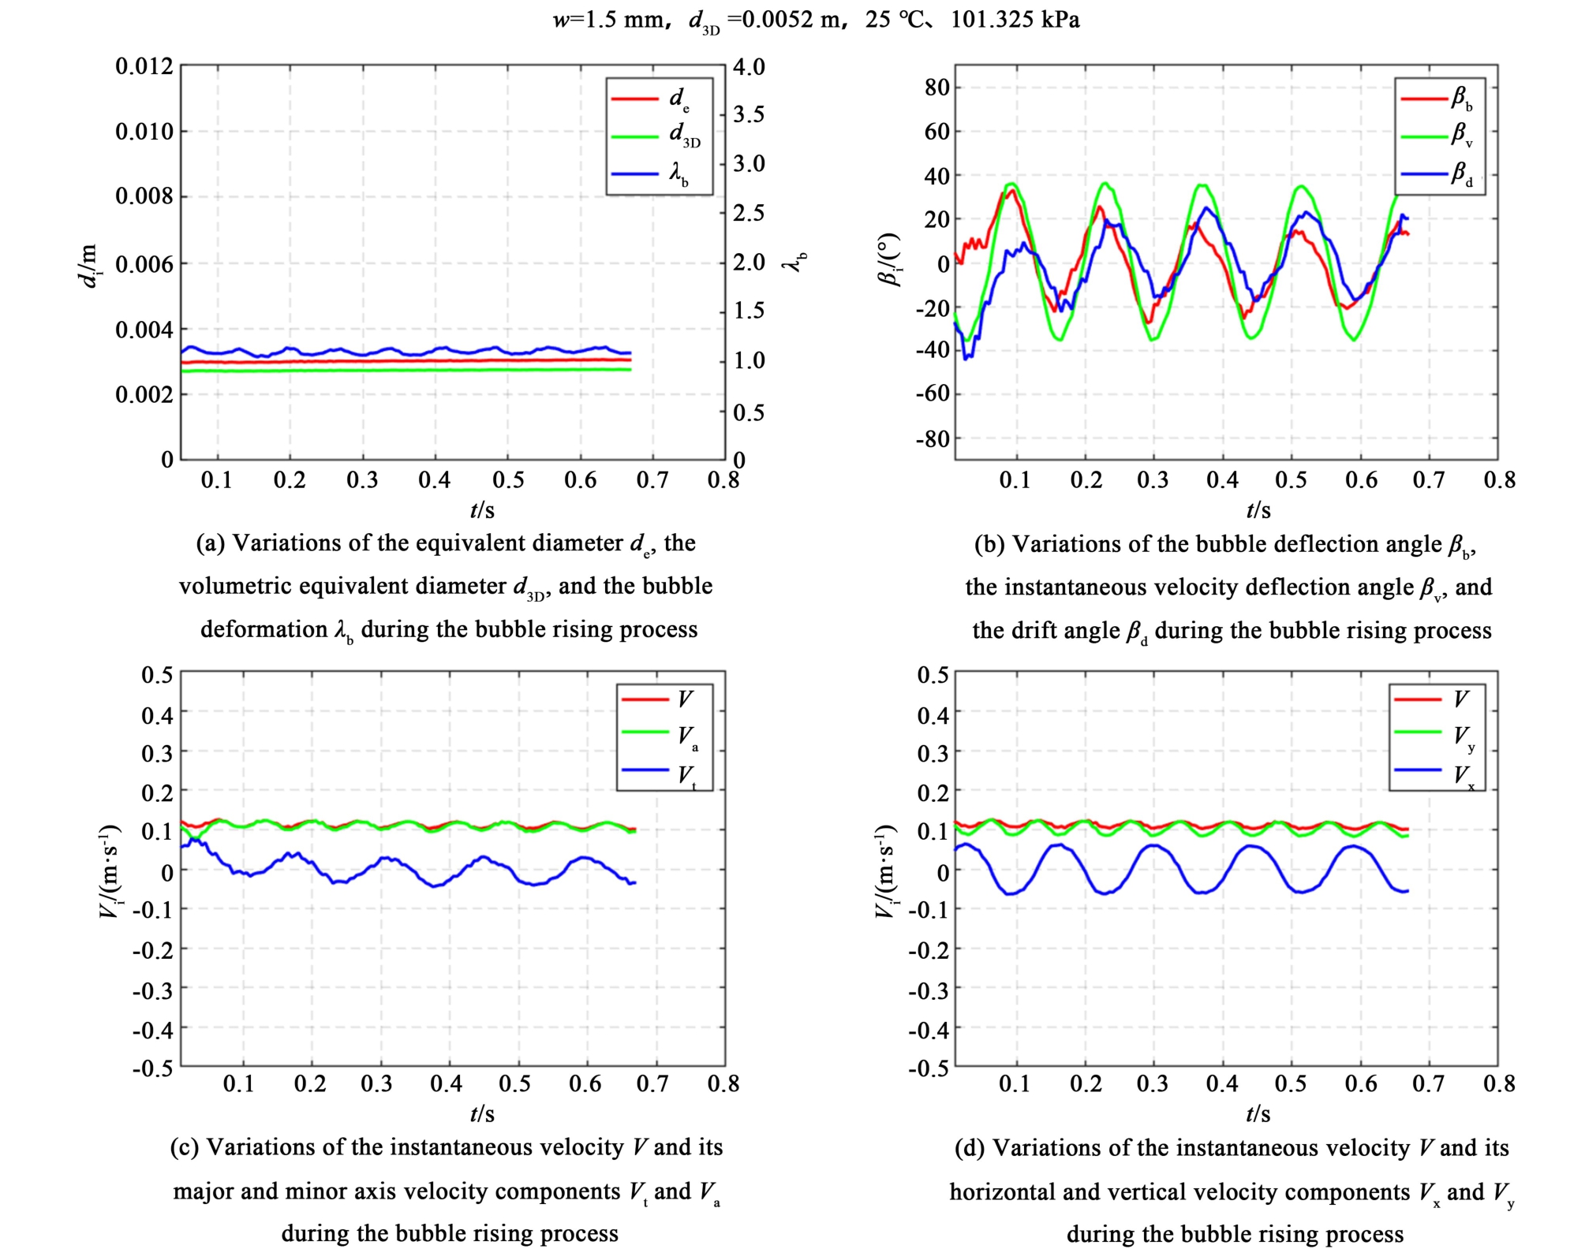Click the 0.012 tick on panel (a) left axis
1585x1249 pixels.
(x=144, y=66)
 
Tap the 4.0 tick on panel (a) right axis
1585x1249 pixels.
(x=749, y=66)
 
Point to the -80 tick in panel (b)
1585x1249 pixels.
(x=933, y=438)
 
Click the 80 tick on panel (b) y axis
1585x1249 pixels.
(x=937, y=88)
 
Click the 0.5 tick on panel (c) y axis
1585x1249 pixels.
(x=156, y=675)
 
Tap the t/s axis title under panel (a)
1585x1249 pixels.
(x=482, y=510)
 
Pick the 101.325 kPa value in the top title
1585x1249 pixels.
(x=1015, y=19)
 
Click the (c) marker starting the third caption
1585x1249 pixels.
(x=184, y=1147)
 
